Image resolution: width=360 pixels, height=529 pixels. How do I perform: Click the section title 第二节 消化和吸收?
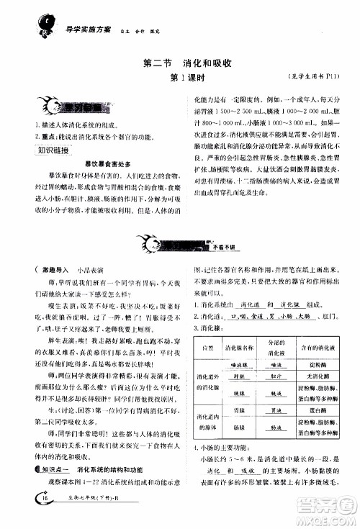click(x=179, y=62)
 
